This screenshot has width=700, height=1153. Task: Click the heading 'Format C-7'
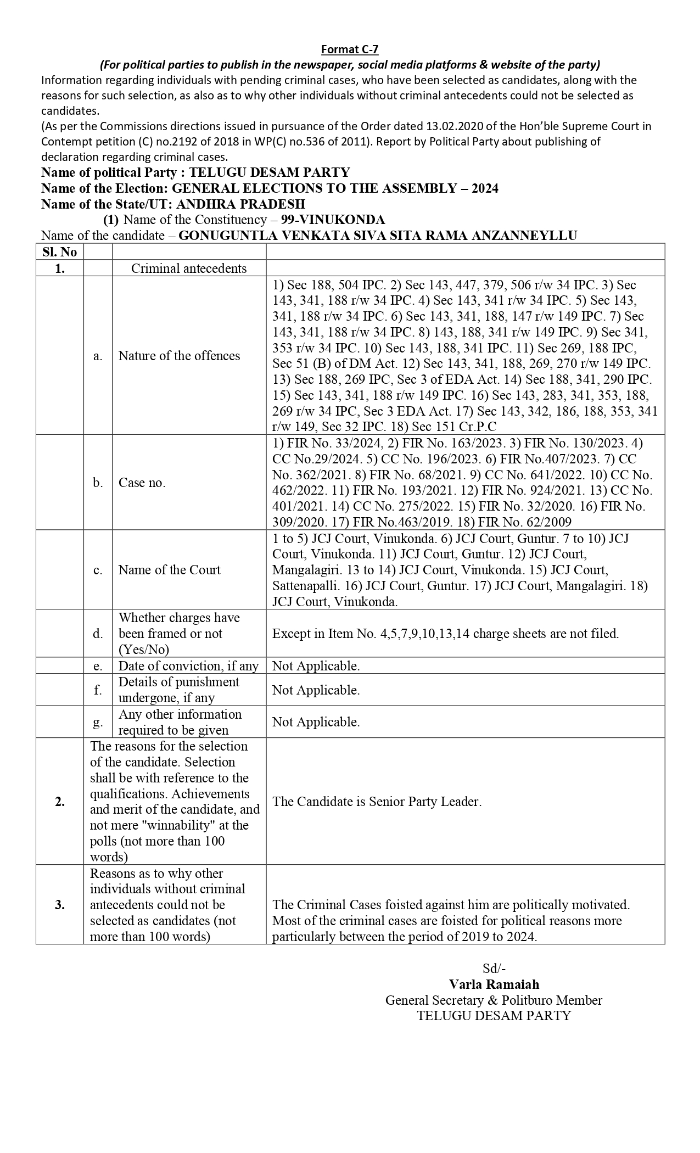point(350,49)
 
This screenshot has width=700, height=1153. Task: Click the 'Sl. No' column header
point(59,252)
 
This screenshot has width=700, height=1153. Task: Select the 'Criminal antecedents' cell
point(189,268)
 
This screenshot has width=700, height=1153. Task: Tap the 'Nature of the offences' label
point(179,356)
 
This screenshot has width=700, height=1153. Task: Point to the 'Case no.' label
point(142,483)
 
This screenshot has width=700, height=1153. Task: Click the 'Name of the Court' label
point(169,570)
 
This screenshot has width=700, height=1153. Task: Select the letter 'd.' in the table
point(98,634)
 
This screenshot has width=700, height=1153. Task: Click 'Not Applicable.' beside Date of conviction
point(316,666)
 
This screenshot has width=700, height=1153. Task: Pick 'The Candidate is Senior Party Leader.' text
point(377,802)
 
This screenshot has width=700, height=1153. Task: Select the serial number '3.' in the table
point(59,905)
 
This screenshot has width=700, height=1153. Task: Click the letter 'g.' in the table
point(98,722)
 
